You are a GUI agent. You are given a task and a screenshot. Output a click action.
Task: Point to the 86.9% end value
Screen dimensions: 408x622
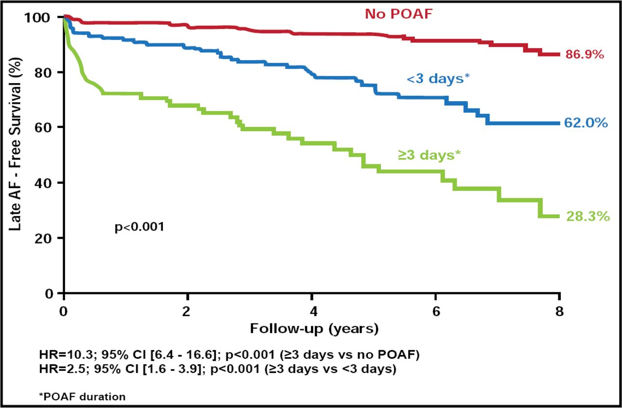click(585, 55)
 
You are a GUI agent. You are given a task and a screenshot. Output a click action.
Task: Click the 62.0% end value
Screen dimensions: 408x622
click(586, 123)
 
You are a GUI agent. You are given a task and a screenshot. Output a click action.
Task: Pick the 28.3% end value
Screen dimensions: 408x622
click(587, 216)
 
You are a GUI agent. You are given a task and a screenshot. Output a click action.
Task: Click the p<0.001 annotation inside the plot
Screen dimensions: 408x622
click(139, 227)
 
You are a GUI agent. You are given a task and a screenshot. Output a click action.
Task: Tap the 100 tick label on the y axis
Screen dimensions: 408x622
click(39, 18)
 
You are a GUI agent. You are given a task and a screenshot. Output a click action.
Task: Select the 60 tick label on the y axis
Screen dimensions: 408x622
click(44, 127)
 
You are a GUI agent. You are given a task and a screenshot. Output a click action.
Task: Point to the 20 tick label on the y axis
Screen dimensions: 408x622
click(44, 238)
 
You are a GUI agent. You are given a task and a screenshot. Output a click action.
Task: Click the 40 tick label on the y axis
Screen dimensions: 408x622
click(44, 183)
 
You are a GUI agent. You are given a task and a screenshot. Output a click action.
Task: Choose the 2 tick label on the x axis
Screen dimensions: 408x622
click(188, 311)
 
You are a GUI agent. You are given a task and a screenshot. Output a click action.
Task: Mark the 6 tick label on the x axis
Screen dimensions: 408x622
click(436, 311)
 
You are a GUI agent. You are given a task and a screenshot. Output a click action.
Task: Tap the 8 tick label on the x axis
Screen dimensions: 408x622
click(560, 311)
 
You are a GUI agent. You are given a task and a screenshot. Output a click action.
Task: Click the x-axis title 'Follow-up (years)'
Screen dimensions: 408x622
click(314, 329)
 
